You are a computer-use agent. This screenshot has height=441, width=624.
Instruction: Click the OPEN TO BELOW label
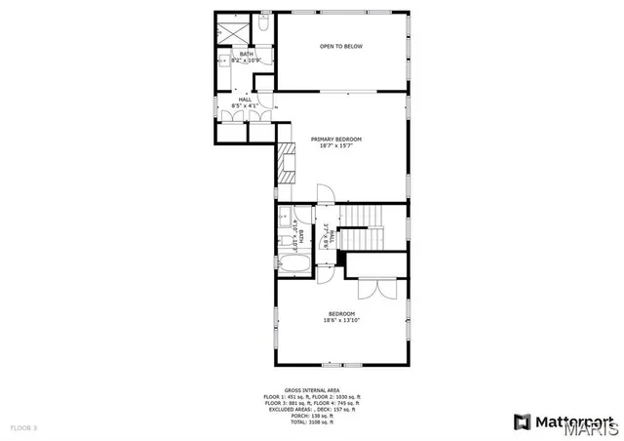click(x=340, y=46)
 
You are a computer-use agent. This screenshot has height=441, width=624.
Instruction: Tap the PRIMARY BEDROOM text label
click(x=337, y=142)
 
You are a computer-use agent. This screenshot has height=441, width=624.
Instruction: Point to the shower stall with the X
click(x=228, y=28)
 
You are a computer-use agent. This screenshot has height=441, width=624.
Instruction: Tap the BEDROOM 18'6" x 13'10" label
click(x=340, y=317)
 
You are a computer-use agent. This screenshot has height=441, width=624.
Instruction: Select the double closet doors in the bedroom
click(x=375, y=288)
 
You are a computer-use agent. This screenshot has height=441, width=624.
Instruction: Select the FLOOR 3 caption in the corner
click(x=23, y=428)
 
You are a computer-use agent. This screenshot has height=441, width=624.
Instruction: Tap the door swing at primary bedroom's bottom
click(x=329, y=194)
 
